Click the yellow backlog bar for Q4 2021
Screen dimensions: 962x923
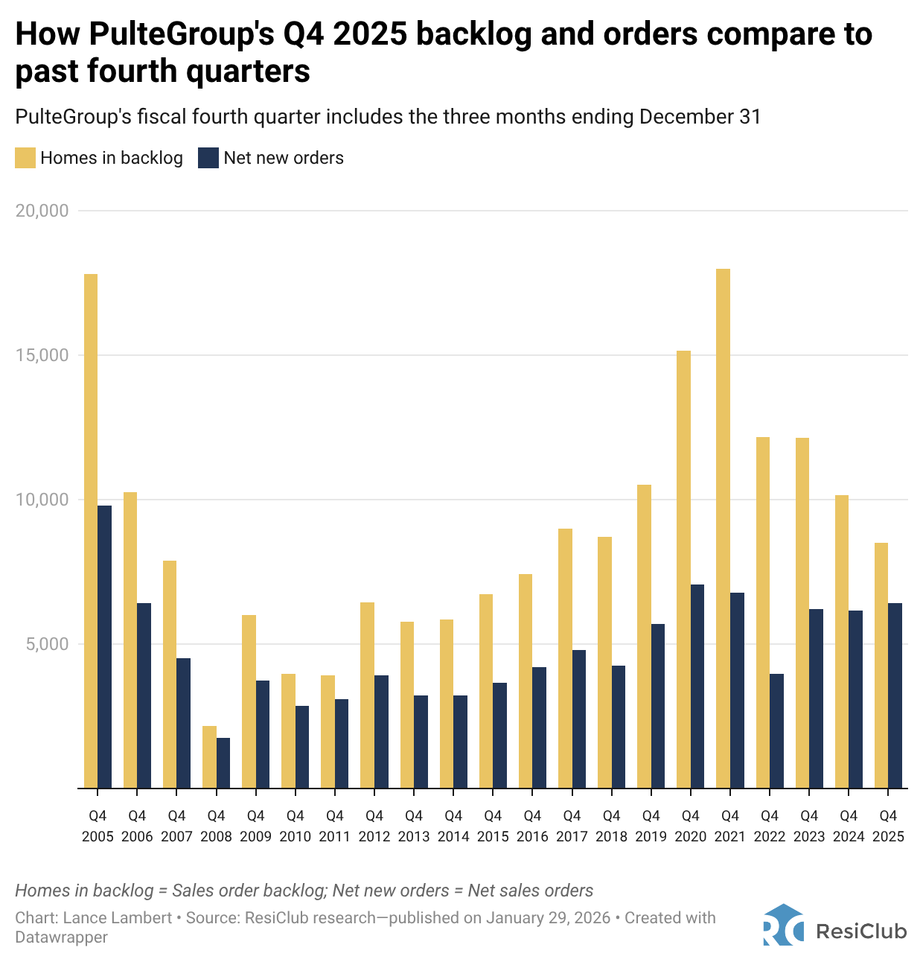pos(723,529)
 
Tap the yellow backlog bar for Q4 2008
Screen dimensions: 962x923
pos(209,756)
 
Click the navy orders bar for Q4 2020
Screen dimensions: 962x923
pos(697,686)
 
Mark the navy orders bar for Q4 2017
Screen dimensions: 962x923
pos(579,719)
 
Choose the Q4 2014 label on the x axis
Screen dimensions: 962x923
pos(453,826)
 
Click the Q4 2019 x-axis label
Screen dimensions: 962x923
pos(651,826)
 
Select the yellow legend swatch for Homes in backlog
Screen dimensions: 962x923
pos(25,158)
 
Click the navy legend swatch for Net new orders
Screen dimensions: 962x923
pos(208,158)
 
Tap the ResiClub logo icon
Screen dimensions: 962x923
pos(783,925)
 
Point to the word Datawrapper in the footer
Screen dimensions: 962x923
pos(61,937)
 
